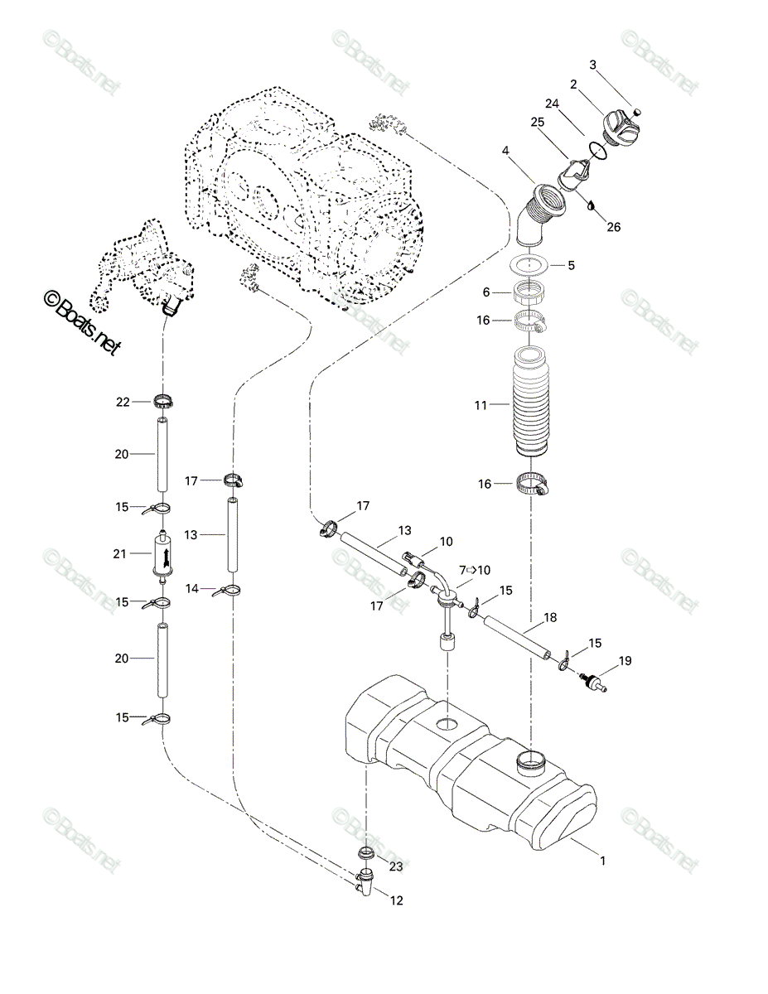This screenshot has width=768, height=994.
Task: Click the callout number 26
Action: [x=613, y=226]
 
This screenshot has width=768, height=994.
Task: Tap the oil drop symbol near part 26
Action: [x=592, y=205]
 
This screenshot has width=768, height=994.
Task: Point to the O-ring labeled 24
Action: [x=598, y=151]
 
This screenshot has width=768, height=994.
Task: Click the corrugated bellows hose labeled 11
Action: [x=530, y=403]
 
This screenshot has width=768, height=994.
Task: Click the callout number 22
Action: [x=123, y=402]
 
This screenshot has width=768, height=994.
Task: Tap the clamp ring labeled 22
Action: [x=163, y=402]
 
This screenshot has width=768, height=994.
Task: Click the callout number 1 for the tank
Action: [x=603, y=861]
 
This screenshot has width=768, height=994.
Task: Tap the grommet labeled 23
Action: [x=366, y=853]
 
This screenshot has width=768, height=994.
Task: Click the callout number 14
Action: [x=192, y=588]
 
